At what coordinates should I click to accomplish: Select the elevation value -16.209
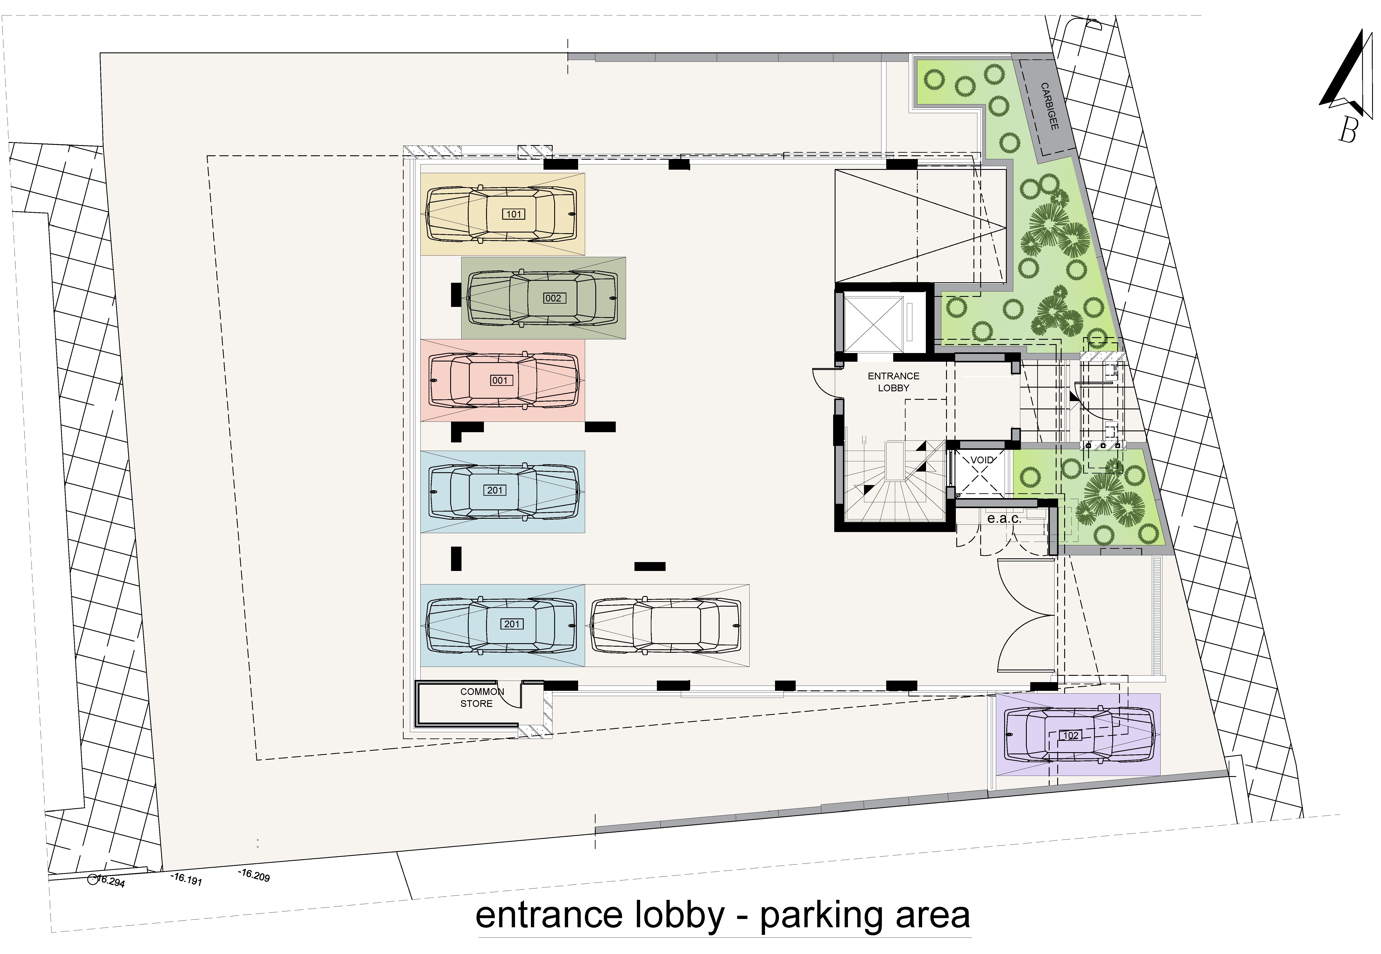(254, 875)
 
